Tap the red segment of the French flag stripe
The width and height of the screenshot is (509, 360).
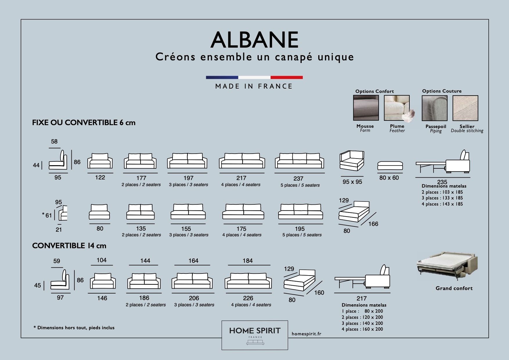[287, 78]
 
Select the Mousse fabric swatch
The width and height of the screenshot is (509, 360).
[366, 108]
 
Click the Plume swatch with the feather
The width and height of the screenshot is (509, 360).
[398, 108]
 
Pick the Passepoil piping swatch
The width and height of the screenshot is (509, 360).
[434, 108]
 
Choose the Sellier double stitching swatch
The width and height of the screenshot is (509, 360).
[465, 108]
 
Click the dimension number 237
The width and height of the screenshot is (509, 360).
[298, 179]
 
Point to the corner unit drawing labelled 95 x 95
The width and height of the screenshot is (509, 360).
[352, 161]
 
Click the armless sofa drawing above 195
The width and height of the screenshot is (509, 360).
[301, 212]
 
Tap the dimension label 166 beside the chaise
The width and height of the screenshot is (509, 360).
[373, 224]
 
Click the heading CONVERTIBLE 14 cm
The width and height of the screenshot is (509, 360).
[69, 246]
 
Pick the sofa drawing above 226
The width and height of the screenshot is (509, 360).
[248, 281]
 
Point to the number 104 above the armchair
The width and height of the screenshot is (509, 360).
[101, 260]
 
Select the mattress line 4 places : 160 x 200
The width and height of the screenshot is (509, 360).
[362, 329]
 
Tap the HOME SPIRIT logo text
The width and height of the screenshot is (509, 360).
[255, 331]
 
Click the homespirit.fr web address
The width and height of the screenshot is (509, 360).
[306, 334]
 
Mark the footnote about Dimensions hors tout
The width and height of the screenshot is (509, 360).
[74, 328]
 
